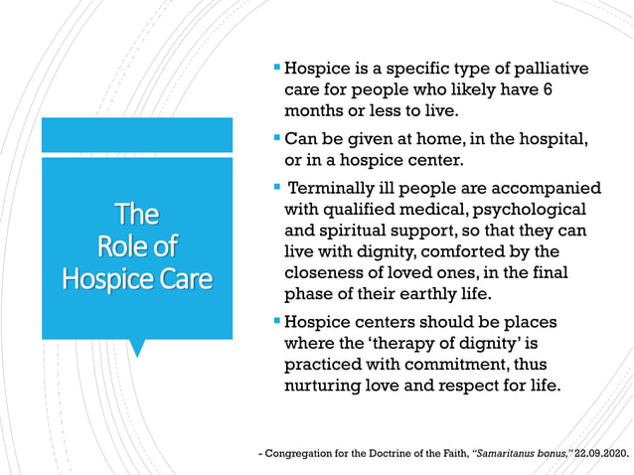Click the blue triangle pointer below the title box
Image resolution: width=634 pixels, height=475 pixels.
tap(138, 347)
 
